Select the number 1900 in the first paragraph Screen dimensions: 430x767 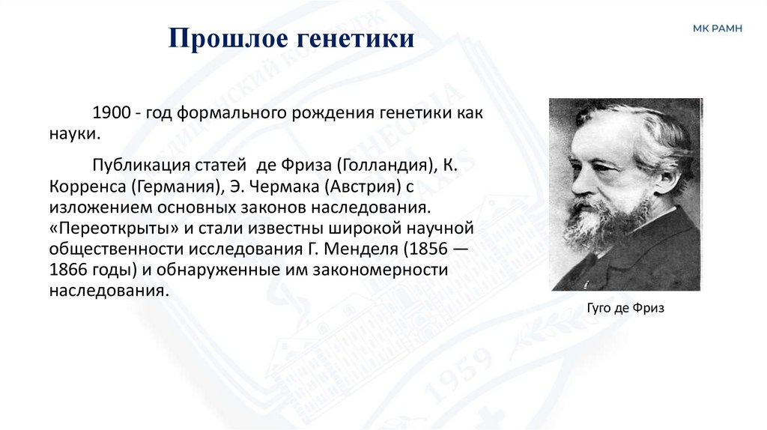coord(111,114)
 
